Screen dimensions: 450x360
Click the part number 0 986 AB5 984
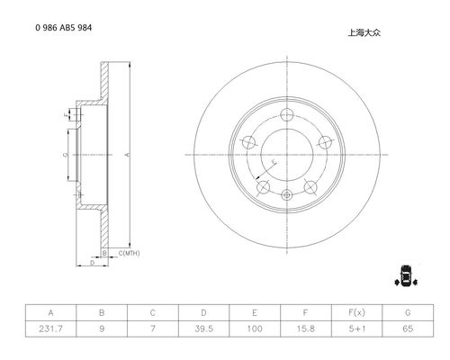64,28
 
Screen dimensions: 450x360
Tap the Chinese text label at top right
364,32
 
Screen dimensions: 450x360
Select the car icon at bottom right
406,275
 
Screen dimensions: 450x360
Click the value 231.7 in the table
50,328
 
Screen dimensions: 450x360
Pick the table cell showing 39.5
203,328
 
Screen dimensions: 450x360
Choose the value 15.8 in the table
306,328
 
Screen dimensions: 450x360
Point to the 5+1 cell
357,328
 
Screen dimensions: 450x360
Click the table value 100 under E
255,328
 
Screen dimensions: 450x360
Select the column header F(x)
356,313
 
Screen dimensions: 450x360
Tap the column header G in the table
408,313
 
